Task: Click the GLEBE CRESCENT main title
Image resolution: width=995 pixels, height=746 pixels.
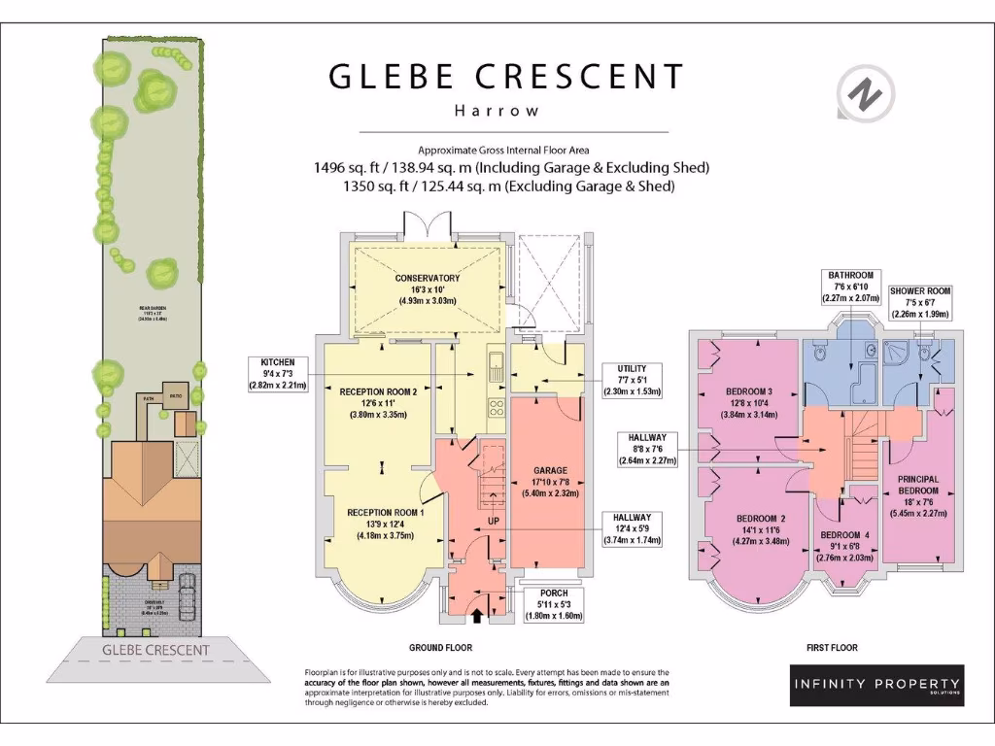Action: point(505,77)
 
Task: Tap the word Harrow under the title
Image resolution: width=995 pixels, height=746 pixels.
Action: point(497,111)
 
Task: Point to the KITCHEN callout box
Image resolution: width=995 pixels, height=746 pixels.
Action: point(276,372)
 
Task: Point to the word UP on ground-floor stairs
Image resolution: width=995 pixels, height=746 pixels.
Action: point(494,522)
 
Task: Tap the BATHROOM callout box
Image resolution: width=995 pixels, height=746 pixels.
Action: point(849,288)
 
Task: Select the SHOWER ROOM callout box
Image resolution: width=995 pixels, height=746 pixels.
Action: point(919,301)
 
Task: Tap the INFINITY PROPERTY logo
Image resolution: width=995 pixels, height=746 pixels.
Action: point(876,685)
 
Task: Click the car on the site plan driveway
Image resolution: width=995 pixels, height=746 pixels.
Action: point(185,592)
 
